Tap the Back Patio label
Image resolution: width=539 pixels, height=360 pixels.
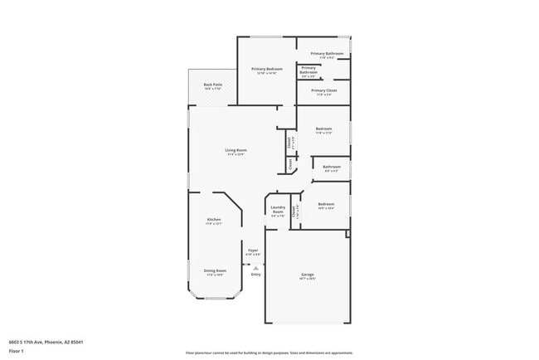[213, 84]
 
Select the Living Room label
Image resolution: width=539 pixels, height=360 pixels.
[236, 150]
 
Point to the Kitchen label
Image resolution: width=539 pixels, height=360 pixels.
[213, 220]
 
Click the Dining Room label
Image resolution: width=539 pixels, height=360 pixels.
[214, 270]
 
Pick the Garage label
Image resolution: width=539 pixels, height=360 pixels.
[308, 275]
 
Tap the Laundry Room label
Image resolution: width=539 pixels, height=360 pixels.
[278, 209]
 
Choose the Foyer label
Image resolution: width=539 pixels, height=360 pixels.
[253, 250]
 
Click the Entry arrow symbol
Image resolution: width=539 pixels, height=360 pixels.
[255, 268]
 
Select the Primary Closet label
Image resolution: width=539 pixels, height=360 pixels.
[323, 90]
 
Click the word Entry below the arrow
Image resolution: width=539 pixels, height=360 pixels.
[255, 275]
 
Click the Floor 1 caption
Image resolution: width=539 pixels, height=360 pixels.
[17, 351]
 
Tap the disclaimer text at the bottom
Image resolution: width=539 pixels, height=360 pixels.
[269, 353]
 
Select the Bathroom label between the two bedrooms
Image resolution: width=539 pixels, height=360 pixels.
[332, 167]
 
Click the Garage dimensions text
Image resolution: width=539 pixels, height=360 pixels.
[308, 279]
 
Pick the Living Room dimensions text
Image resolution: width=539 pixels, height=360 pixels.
[236, 154]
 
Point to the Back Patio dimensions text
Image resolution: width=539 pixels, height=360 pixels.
[213, 88]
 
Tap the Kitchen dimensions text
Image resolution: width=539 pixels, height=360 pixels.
[213, 224]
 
